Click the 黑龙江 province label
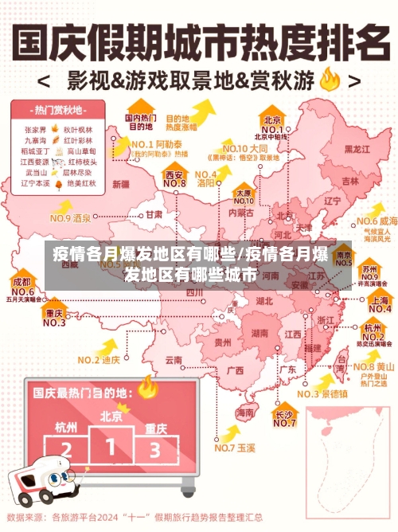click(x=356, y=149)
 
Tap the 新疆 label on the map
click(x=120, y=184)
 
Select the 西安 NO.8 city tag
click(x=174, y=178)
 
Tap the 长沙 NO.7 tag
click(x=284, y=418)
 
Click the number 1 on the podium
click(x=111, y=444)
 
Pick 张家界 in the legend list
click(x=34, y=127)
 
